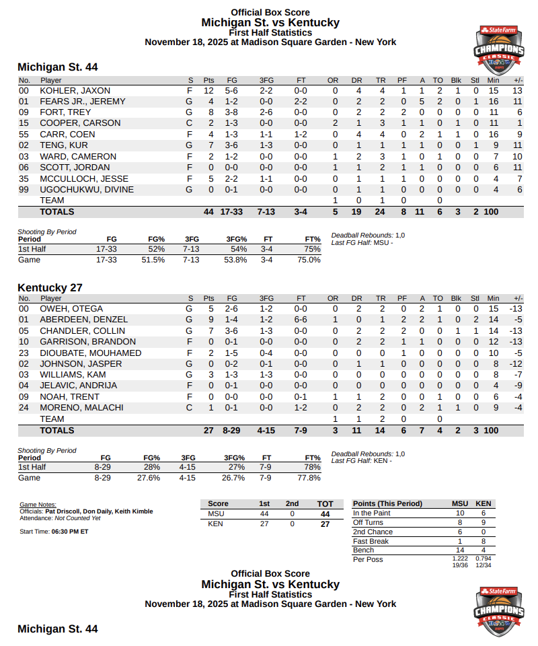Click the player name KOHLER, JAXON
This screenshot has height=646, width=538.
coord(75,90)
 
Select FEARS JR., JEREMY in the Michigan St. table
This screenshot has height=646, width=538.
coord(82,102)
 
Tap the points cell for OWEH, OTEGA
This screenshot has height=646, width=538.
coord(209,309)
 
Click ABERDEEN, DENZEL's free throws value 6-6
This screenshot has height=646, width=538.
coord(301,320)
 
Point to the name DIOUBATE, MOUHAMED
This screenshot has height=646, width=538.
coord(90,353)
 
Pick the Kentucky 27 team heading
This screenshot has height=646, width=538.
coord(50,287)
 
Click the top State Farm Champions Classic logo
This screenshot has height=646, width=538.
coord(498,50)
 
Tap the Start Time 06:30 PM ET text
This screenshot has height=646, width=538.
coord(54,532)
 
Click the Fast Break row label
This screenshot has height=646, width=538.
coord(371,541)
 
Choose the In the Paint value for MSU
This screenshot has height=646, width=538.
coord(460,513)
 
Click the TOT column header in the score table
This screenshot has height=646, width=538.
coord(325,503)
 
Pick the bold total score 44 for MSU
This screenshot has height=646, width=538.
coord(325,513)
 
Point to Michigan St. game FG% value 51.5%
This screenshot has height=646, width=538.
coord(153,260)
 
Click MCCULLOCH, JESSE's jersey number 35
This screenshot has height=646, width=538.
coord(24,178)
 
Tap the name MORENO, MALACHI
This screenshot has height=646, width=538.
coord(81,408)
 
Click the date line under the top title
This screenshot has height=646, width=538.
coord(270,42)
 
